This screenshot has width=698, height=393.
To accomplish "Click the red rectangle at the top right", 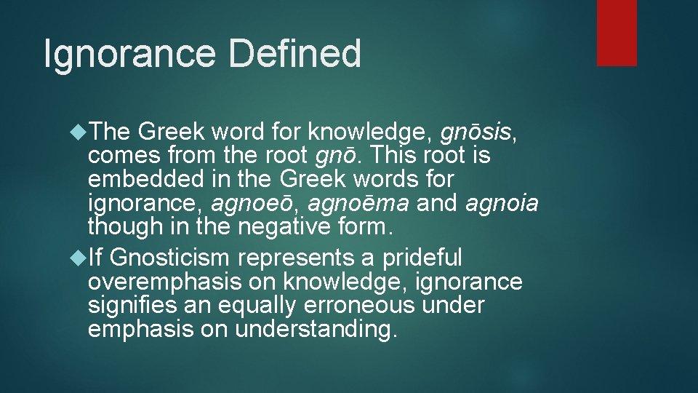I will point(617,33).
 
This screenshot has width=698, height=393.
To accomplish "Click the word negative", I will point(296,228).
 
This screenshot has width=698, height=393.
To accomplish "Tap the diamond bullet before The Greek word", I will point(78,132).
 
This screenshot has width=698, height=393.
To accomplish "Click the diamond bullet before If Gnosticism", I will point(78,258).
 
